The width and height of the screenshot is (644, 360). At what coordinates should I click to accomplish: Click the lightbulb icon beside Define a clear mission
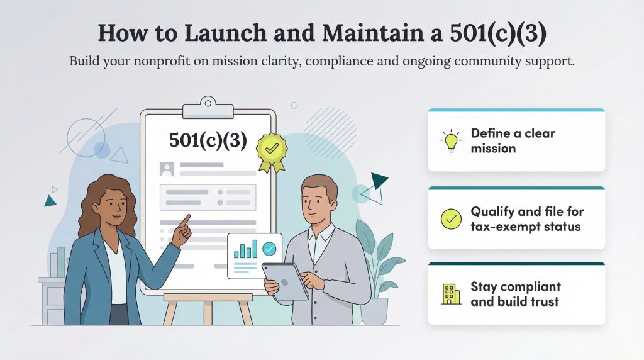click(451, 141)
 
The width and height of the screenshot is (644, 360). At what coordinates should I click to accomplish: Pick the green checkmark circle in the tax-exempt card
click(451, 218)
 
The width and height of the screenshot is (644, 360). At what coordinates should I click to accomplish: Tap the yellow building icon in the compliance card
click(451, 294)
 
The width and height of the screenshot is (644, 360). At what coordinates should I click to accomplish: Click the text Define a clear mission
click(513, 141)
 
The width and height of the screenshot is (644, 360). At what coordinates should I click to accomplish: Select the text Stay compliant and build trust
click(515, 294)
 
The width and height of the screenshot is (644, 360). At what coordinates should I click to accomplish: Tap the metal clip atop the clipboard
click(208, 108)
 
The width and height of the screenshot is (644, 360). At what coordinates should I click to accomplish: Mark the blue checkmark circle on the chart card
click(269, 249)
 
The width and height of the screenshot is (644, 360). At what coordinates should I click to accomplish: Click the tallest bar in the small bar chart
click(255, 247)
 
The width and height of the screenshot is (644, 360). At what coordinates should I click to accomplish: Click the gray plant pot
click(374, 310)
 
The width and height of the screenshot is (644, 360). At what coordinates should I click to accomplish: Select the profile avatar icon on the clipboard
click(167, 169)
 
